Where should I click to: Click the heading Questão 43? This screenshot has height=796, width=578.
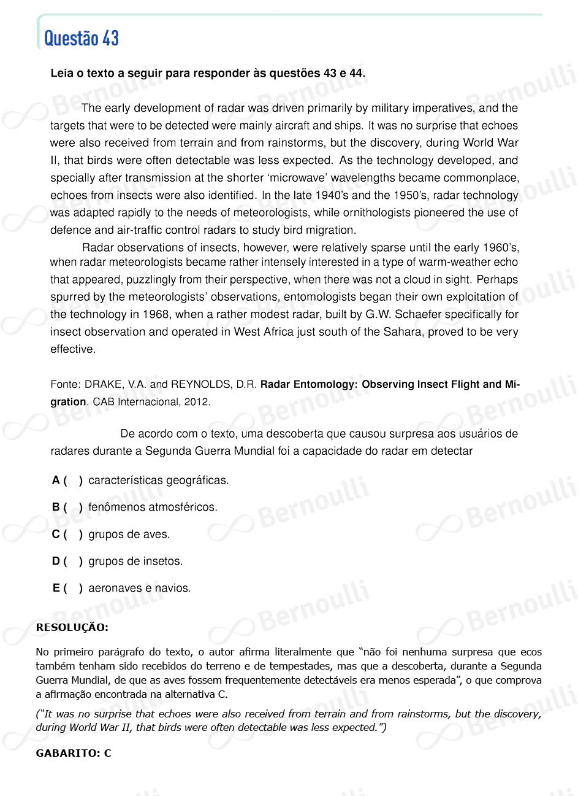(x=82, y=39)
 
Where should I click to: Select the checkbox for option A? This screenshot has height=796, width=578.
(x=73, y=481)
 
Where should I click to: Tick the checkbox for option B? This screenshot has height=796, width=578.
(x=73, y=508)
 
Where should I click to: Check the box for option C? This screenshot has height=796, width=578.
(x=73, y=535)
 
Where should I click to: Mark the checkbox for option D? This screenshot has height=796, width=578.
(x=73, y=562)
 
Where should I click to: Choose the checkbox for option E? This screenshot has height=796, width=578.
(x=73, y=589)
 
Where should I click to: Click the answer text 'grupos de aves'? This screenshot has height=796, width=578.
(x=129, y=535)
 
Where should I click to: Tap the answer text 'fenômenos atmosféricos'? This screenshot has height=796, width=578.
(x=153, y=508)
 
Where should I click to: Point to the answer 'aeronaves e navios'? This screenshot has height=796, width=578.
(x=139, y=589)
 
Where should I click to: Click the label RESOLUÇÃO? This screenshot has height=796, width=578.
(x=72, y=627)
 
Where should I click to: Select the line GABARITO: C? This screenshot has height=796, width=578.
(x=74, y=753)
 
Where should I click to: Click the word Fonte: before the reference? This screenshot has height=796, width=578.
(x=66, y=385)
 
